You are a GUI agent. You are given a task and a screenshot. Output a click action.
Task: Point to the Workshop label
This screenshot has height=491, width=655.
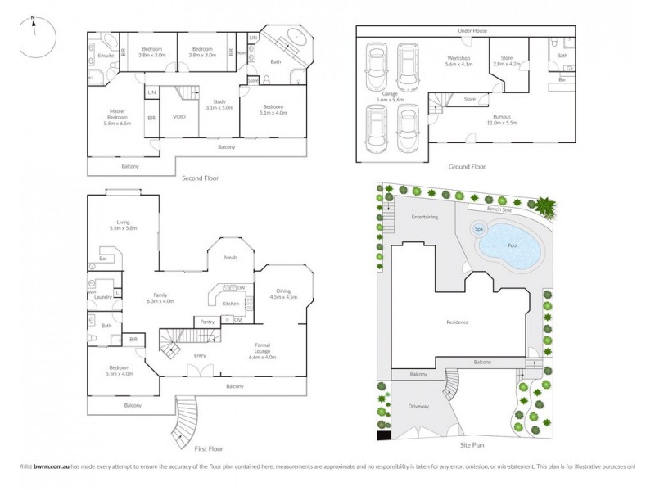coord(460,61)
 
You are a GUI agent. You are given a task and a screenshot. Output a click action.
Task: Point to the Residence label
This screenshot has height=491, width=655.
coord(457,322)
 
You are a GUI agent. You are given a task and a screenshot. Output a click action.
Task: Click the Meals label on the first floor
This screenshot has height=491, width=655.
coord(231,257)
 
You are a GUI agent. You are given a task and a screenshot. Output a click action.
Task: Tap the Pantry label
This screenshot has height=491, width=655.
coord(207,322)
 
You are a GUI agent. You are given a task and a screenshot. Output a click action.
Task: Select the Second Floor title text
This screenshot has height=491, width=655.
coord(200,178)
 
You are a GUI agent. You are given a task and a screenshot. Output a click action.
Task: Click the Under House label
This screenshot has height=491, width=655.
coord(473,30)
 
